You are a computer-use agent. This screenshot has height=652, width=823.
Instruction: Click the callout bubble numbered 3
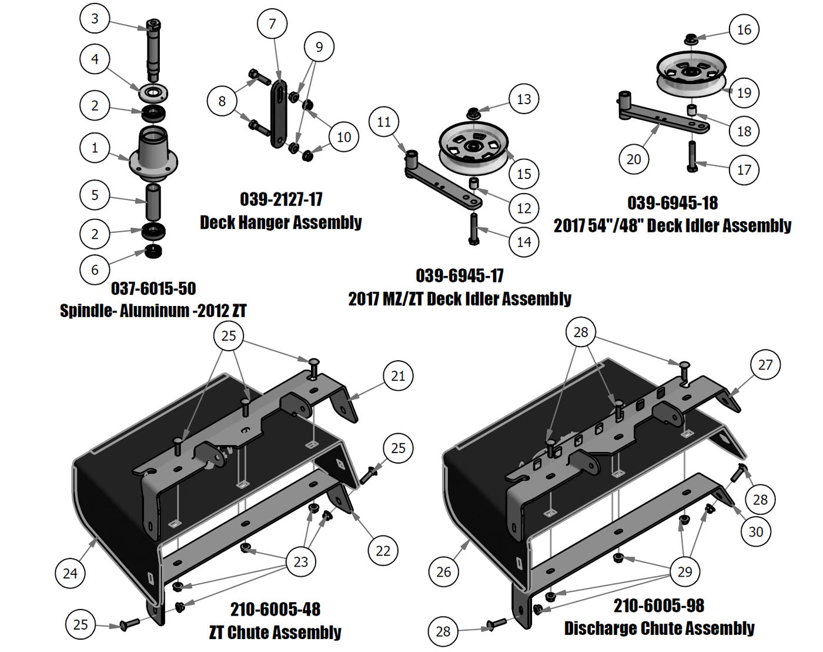[x=95, y=19]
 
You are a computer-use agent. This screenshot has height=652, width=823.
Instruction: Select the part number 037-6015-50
[x=153, y=288]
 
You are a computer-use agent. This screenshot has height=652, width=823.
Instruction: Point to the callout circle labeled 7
[x=272, y=24]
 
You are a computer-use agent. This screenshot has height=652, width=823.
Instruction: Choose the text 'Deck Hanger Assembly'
[x=281, y=222]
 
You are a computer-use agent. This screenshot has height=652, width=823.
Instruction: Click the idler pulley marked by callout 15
[x=473, y=147]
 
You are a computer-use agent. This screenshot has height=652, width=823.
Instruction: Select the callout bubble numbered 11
[x=384, y=122]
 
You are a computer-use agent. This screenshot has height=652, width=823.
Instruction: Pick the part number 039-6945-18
[x=673, y=203]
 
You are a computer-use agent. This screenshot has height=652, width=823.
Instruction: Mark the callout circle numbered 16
[x=744, y=29]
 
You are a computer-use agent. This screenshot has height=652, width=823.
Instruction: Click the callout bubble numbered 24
[x=70, y=573]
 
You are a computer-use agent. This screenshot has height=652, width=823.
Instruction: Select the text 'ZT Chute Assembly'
[x=275, y=633]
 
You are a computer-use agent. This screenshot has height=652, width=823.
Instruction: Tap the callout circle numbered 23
[x=301, y=562]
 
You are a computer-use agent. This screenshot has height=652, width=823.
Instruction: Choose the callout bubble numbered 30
[x=755, y=532]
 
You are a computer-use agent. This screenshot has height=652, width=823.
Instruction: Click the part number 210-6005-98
[x=659, y=606]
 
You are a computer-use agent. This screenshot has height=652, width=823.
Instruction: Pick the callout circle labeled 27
[x=765, y=365]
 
